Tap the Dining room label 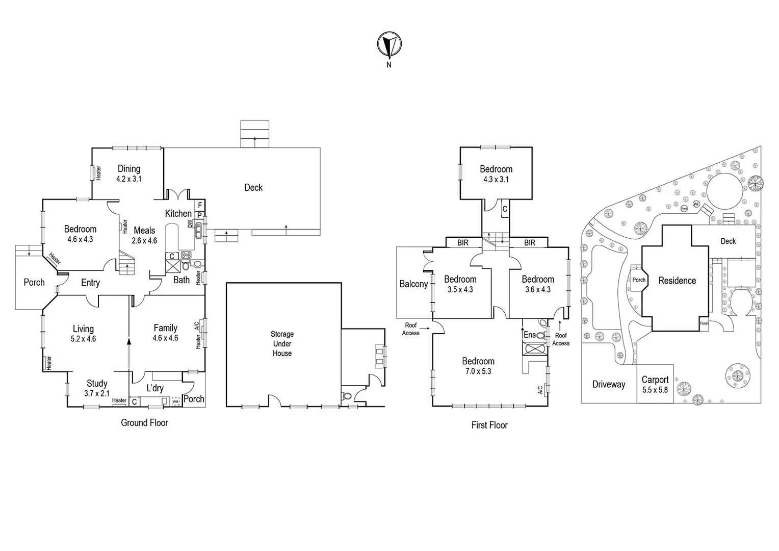(129, 169)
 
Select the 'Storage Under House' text (282, 343)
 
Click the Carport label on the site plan (655, 380)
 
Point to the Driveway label (609, 384)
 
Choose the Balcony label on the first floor (413, 284)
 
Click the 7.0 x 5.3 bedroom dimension (478, 371)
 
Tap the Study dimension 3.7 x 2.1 (97, 393)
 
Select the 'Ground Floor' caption (144, 422)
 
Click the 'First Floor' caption (489, 425)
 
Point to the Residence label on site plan (677, 281)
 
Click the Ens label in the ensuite (530, 335)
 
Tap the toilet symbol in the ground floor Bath (186, 266)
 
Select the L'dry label (155, 388)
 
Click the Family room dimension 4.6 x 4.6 (166, 338)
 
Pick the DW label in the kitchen (190, 223)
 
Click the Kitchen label (178, 213)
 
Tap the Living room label (83, 329)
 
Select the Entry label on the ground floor (90, 283)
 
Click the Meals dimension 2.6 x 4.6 (144, 240)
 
